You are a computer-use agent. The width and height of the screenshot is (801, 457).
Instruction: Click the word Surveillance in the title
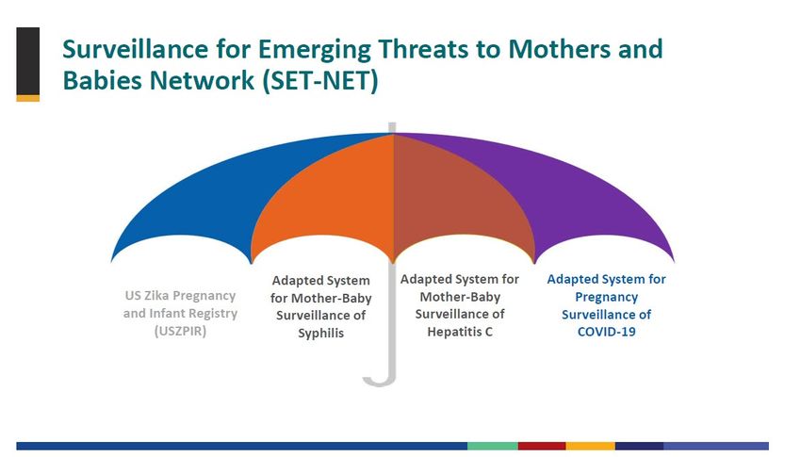136,49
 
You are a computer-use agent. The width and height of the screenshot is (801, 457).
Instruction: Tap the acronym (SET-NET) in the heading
320,80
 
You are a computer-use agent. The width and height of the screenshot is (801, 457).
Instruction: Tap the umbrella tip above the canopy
392,127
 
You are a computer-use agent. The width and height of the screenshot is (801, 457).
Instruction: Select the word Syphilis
320,333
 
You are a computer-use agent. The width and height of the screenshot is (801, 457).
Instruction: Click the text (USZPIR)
180,331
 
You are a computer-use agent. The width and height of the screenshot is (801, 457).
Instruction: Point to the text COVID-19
606,332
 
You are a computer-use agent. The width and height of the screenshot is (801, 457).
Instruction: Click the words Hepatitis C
460,332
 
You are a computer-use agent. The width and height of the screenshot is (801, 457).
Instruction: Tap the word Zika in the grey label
155,296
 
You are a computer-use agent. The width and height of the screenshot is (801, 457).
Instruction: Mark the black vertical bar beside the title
28,61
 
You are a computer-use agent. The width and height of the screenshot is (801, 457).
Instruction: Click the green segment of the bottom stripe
493,446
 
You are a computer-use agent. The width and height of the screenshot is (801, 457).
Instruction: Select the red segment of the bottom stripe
542,446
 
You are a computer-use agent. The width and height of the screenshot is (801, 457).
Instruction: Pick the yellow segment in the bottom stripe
590,446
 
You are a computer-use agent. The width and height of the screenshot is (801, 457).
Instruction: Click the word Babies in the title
100,80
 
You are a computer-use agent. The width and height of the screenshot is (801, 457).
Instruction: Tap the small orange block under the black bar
28,99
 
